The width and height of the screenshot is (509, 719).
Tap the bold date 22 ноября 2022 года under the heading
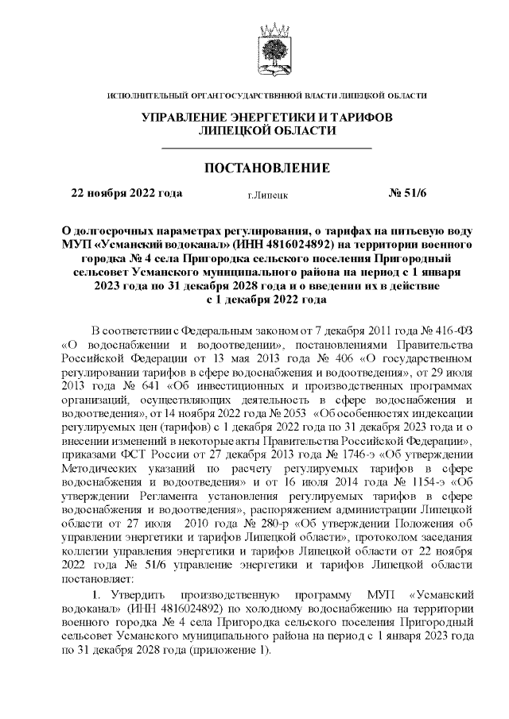coord(126,193)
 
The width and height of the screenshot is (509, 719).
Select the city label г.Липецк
coord(267,194)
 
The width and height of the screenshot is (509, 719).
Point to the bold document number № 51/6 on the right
coord(407,193)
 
